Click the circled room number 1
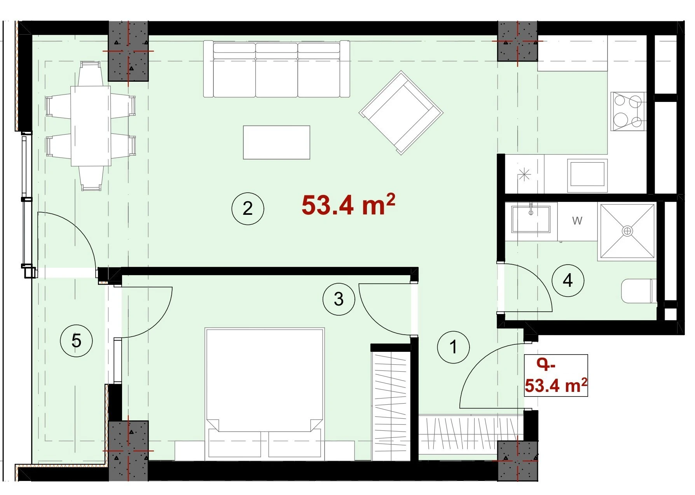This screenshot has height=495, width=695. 453,347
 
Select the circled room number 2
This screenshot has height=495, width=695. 248,209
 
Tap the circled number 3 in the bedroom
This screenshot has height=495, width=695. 339,299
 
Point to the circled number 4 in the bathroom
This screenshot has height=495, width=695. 568,280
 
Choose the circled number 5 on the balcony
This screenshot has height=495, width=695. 76,341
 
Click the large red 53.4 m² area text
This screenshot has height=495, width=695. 348,205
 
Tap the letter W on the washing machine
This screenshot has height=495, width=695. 577,221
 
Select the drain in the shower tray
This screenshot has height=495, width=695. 627,231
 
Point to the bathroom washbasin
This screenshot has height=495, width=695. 531,219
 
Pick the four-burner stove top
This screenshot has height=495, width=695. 628,112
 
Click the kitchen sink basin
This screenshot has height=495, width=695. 587,173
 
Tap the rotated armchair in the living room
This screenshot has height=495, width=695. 401,112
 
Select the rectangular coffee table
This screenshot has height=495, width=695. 276,142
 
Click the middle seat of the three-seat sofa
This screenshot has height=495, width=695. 277,70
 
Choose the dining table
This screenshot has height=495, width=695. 91,126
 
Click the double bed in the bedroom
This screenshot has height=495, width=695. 265,393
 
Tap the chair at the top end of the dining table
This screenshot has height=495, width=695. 91,74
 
